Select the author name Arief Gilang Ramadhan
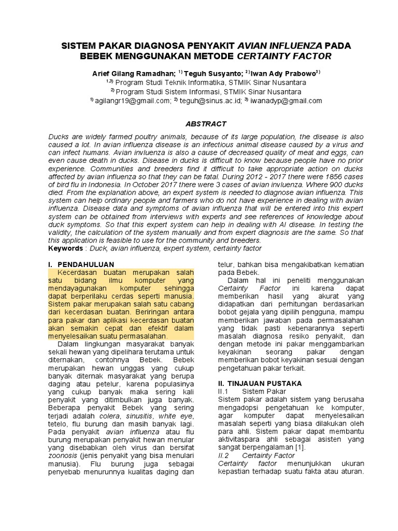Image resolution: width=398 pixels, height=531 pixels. click(x=133, y=74)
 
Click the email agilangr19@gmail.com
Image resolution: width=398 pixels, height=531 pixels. click(x=132, y=101)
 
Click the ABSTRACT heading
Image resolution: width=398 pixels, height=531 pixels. click(x=206, y=123)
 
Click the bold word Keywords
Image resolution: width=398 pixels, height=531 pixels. click(x=65, y=248)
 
